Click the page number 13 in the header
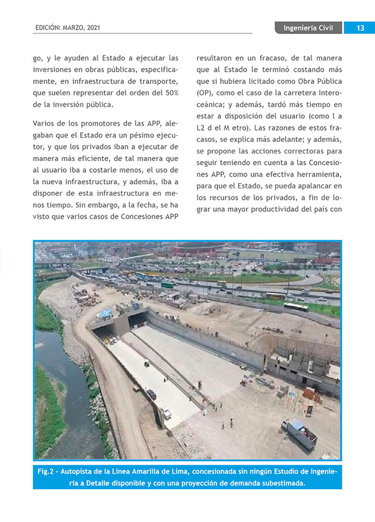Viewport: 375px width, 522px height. (359, 28)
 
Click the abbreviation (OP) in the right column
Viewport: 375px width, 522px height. (204, 93)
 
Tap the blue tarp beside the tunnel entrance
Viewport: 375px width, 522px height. (105, 312)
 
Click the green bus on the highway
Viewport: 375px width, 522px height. (168, 284)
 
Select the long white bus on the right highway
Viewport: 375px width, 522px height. (295, 307)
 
